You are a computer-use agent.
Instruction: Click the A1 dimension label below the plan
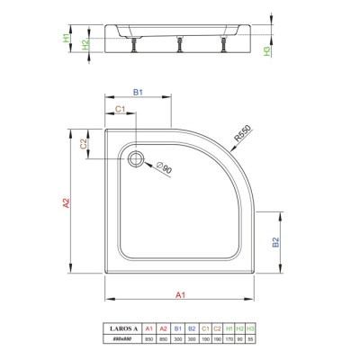click(x=180, y=294)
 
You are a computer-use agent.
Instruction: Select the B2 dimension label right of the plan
click(x=277, y=241)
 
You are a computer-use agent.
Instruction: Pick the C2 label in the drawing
click(x=83, y=145)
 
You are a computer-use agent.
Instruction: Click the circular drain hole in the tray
click(x=137, y=158)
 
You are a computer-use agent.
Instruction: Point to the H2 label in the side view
click(x=85, y=43)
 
